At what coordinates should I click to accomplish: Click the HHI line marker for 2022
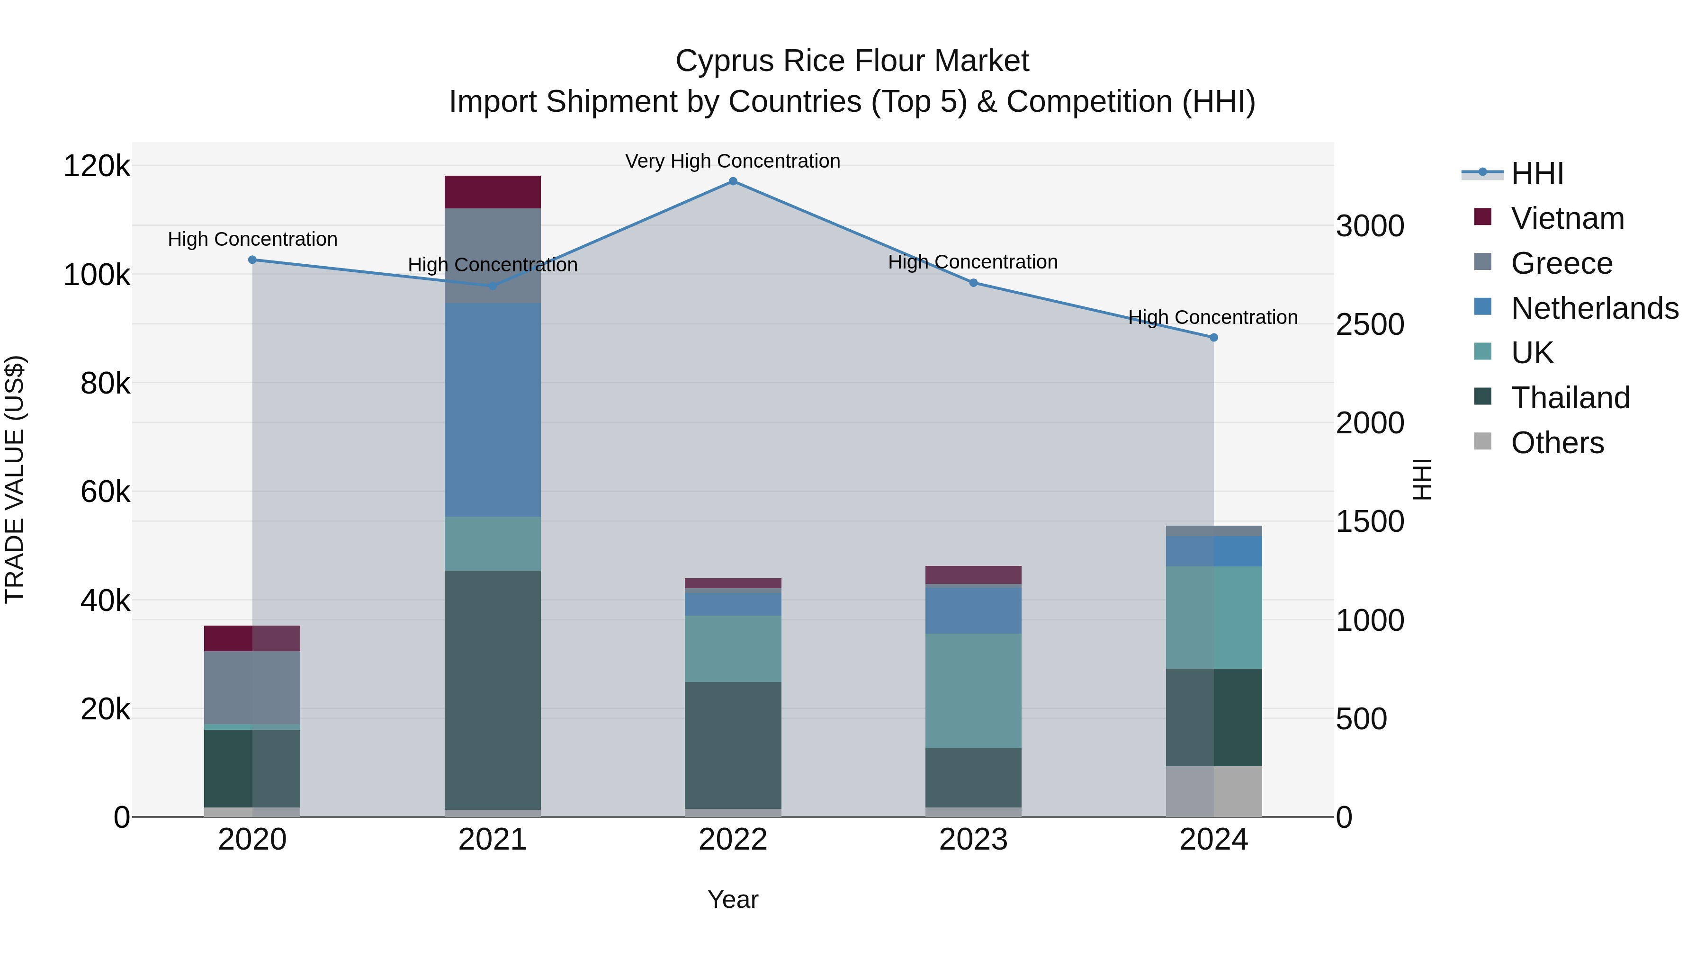[733, 181]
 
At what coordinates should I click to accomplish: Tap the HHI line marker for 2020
[252, 260]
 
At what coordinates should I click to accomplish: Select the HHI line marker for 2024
[1213, 338]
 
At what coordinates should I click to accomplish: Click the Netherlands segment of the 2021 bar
[493, 410]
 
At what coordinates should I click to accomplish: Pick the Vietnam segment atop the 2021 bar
[493, 192]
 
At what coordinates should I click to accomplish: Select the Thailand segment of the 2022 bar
[733, 745]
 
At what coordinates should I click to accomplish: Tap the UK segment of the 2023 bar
[973, 691]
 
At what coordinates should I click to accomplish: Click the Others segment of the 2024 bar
[1213, 791]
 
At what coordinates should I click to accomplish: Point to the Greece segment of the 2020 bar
[252, 688]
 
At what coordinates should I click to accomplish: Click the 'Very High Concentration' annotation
[733, 161]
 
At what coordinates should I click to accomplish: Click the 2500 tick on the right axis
[1369, 324]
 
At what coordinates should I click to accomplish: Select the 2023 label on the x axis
[973, 840]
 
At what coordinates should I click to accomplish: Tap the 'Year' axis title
[733, 899]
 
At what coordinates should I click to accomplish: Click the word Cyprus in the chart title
[725, 62]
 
